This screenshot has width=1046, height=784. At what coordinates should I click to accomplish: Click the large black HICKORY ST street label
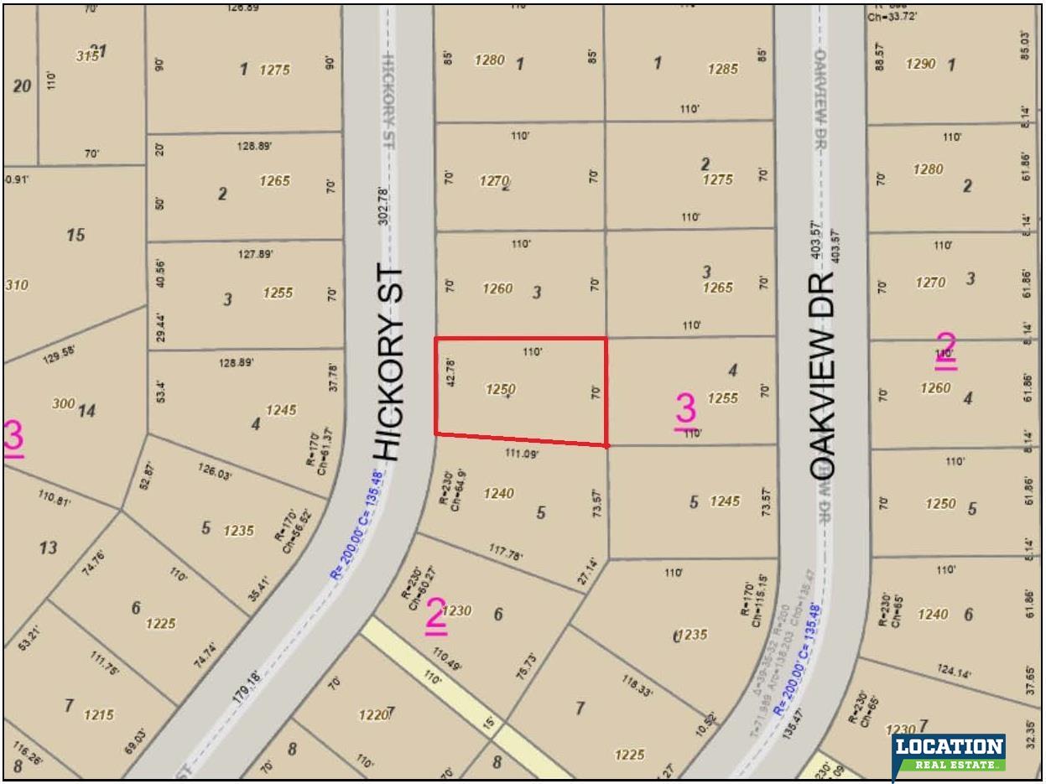tap(392, 365)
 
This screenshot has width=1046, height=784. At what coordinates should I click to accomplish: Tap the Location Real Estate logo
tap(949, 754)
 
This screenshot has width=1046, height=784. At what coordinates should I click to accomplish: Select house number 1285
tap(723, 70)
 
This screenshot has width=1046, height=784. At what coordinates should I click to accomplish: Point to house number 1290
tap(920, 64)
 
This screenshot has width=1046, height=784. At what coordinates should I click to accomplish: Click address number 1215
tap(99, 715)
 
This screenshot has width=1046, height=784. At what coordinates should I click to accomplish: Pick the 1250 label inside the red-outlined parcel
tap(500, 390)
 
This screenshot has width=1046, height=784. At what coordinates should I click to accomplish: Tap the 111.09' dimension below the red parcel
tap(522, 454)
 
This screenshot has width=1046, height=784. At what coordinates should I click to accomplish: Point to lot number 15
tap(75, 235)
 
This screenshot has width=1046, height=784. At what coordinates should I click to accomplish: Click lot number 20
tap(22, 86)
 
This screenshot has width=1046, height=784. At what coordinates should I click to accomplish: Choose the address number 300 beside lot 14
tap(63, 403)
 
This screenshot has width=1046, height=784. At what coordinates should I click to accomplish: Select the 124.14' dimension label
tap(953, 672)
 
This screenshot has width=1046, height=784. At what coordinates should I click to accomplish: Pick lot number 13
tap(48, 548)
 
